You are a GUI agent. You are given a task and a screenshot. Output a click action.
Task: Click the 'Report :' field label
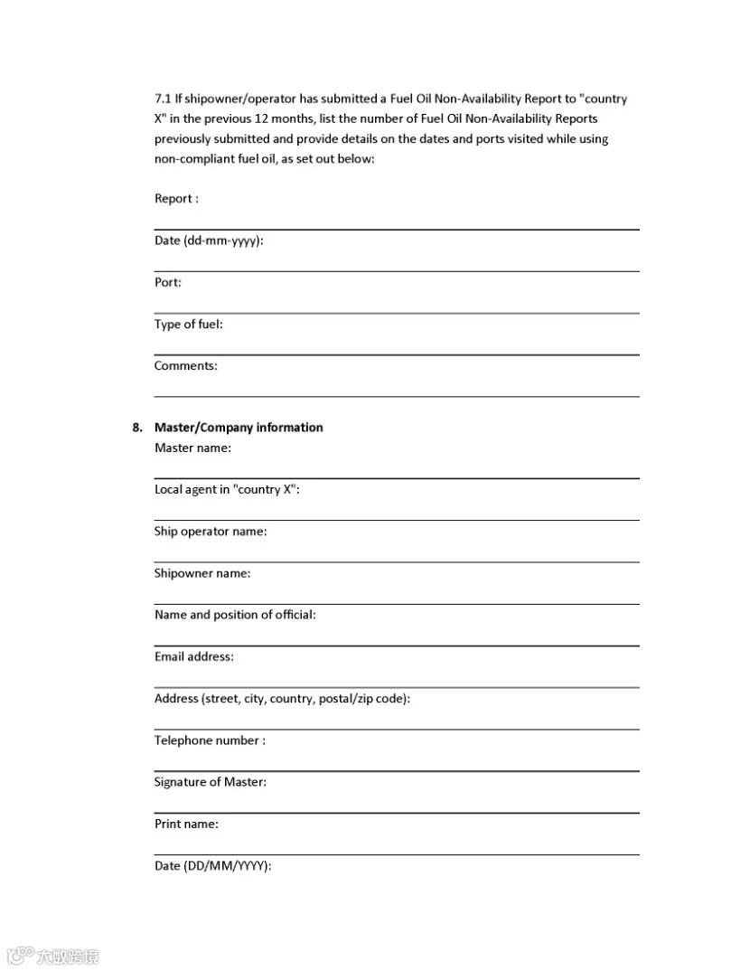pyautogui.click(x=176, y=199)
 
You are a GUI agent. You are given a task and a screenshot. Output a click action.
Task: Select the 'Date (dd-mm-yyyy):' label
pyautogui.click(x=209, y=241)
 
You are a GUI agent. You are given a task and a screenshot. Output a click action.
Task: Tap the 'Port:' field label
pyautogui.click(x=168, y=283)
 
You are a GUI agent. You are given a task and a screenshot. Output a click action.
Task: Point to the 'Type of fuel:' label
pyautogui.click(x=188, y=325)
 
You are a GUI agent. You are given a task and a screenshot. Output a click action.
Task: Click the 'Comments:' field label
pyautogui.click(x=186, y=366)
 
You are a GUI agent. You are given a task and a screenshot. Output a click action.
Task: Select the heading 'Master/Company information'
pyautogui.click(x=239, y=428)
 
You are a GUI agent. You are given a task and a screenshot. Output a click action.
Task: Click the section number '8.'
pyautogui.click(x=137, y=428)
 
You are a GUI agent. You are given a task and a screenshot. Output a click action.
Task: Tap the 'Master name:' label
pyautogui.click(x=192, y=448)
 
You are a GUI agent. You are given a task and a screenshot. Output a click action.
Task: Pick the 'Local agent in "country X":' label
pyautogui.click(x=227, y=490)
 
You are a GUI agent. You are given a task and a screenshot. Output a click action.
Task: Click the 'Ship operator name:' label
pyautogui.click(x=211, y=532)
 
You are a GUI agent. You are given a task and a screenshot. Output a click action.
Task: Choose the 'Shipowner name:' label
pyautogui.click(x=202, y=573)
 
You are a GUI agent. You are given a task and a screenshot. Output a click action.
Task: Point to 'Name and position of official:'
pyautogui.click(x=235, y=615)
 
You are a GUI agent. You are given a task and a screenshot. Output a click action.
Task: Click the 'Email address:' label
pyautogui.click(x=194, y=656)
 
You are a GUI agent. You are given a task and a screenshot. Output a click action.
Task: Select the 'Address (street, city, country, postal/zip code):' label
pyautogui.click(x=282, y=699)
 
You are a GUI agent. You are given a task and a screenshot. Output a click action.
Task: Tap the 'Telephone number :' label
pyautogui.click(x=210, y=740)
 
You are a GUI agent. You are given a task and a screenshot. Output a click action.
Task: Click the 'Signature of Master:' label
pyautogui.click(x=211, y=782)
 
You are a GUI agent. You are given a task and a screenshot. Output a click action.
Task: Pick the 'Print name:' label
pyautogui.click(x=186, y=824)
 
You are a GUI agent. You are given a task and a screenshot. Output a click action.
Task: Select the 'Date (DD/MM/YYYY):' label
pyautogui.click(x=213, y=866)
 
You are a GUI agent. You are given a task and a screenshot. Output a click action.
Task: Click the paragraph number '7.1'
pyautogui.click(x=163, y=99)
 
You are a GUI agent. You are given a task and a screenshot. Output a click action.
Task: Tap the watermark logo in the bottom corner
pyautogui.click(x=52, y=956)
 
